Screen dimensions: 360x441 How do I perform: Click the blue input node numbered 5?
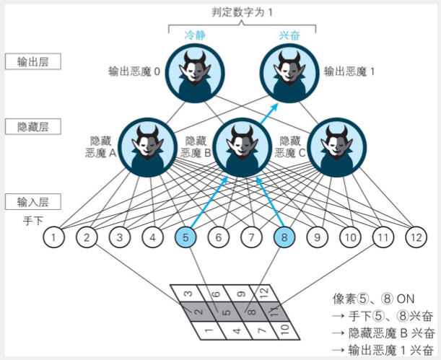click(185, 236)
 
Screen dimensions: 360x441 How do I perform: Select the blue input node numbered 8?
click(284, 236)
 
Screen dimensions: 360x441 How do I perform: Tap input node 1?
click(54, 236)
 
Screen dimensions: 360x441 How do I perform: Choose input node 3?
click(120, 236)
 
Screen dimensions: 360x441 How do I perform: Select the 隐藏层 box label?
click(32, 127)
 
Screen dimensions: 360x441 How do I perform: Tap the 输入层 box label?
click(32, 201)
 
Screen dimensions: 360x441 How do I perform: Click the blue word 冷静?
click(194, 35)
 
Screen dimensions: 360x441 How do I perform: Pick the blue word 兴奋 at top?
click(288, 35)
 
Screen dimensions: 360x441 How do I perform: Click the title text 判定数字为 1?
click(242, 11)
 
